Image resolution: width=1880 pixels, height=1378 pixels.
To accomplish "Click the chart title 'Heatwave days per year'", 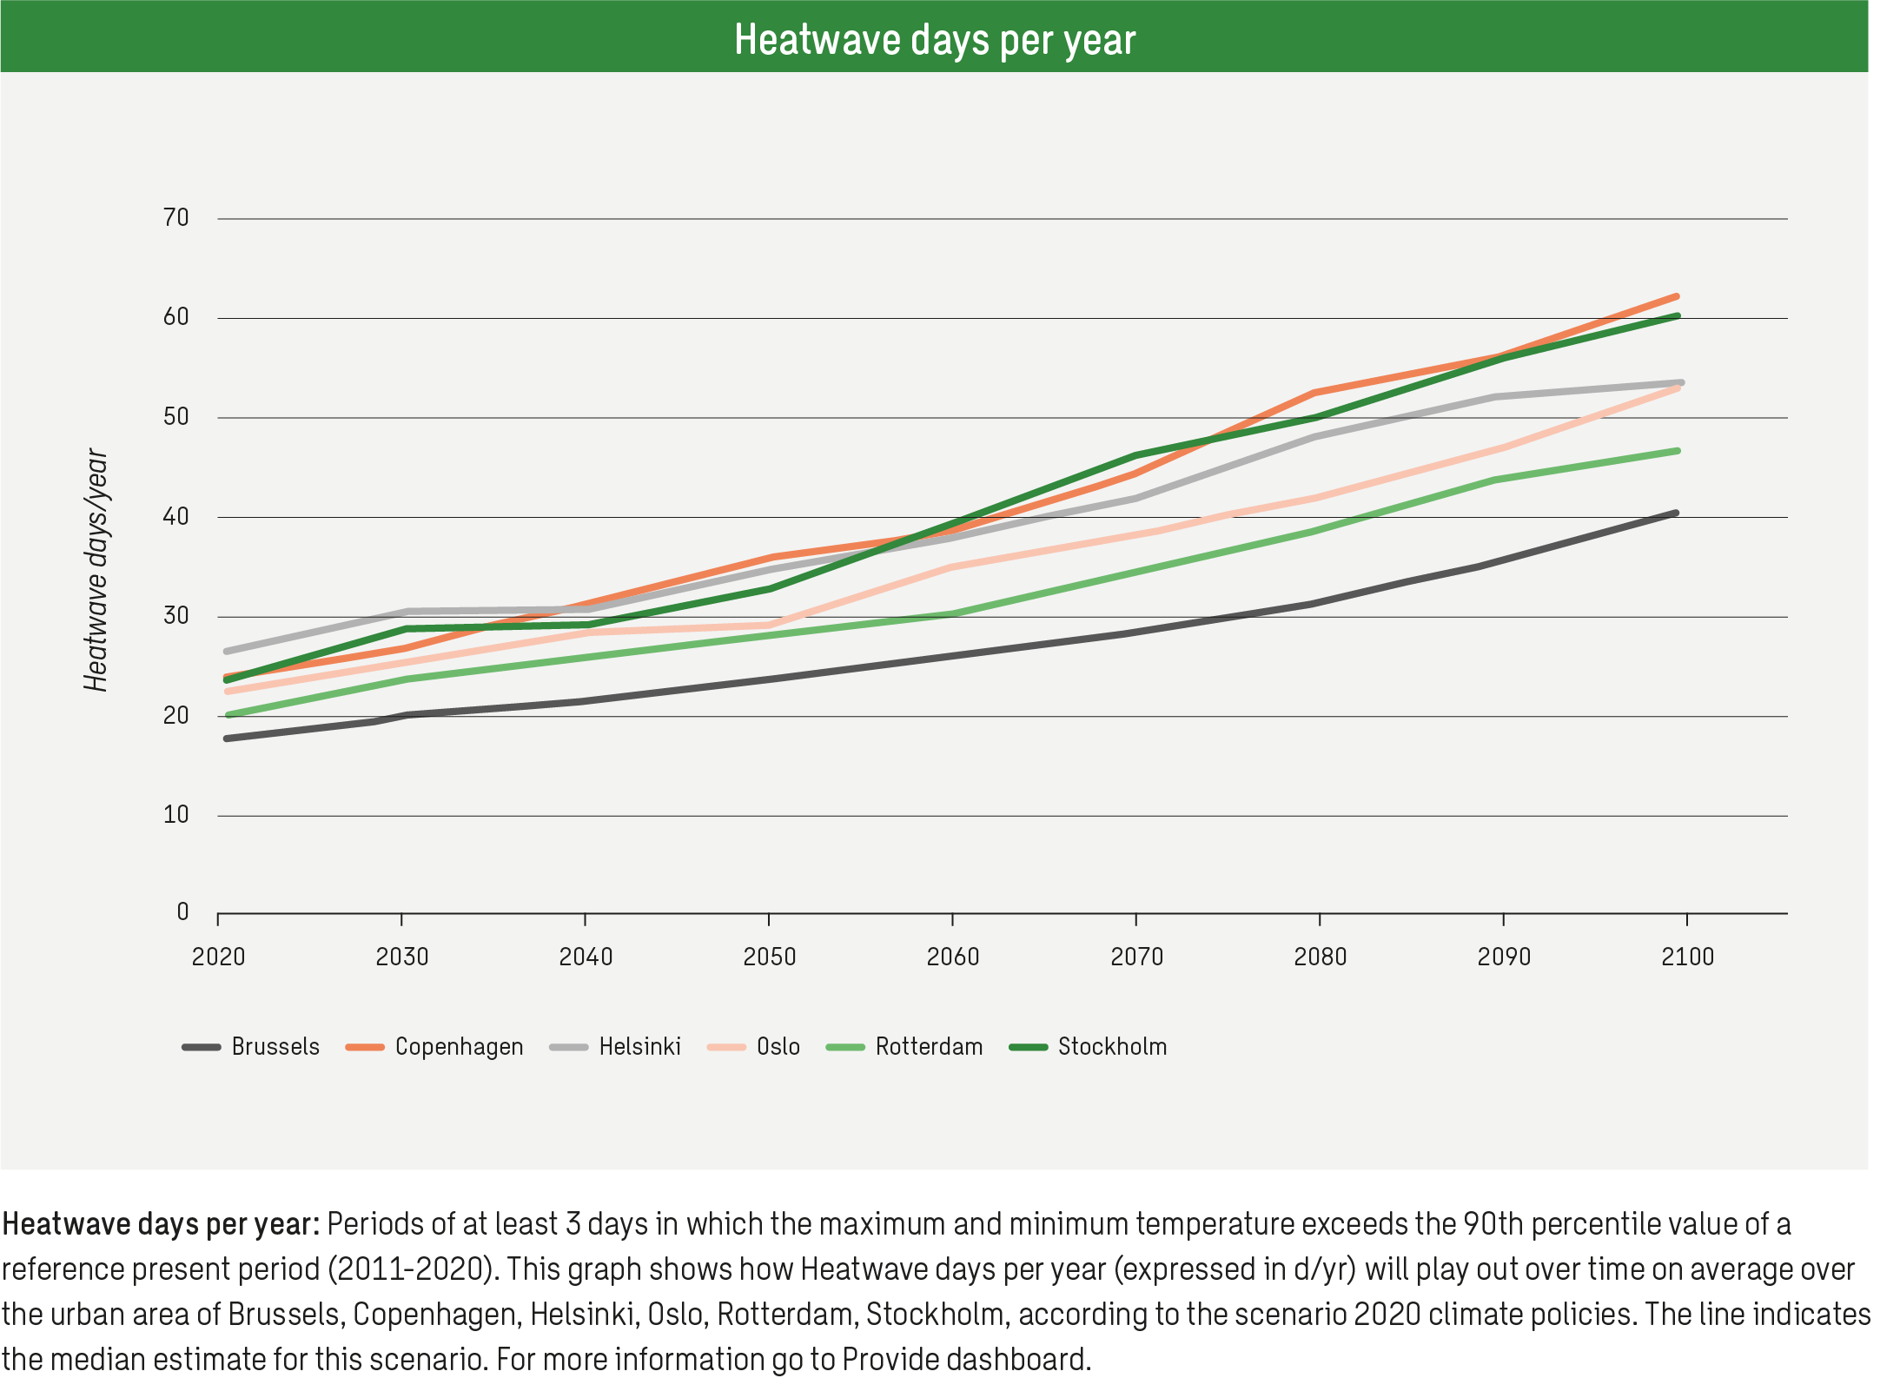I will point(935,40).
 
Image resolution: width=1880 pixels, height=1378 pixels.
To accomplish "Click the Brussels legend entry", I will point(275,1047).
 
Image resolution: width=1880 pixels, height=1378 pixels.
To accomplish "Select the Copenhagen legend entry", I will point(458,1047).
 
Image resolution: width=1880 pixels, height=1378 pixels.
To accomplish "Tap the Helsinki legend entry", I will point(639,1047).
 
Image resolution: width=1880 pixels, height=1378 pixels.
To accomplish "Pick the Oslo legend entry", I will point(778,1047).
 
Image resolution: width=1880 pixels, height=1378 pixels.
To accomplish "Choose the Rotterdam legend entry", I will point(928,1047).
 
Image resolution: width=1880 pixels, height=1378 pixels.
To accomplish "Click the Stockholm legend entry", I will point(1111,1047).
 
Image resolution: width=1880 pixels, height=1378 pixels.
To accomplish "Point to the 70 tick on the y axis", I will point(176,218).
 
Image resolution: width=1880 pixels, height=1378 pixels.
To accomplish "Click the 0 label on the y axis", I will point(182,912).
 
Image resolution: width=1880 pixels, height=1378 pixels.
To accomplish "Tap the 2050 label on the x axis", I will point(769,957).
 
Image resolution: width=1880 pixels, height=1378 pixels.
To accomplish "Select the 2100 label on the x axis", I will point(1687,957).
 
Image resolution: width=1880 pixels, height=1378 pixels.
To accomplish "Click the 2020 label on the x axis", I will point(218,957).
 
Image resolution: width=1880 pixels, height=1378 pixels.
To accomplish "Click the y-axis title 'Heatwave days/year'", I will point(96,570).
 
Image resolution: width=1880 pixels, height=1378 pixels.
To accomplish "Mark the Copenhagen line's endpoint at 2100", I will point(1676,297).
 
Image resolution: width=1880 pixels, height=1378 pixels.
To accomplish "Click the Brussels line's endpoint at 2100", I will point(1675,513).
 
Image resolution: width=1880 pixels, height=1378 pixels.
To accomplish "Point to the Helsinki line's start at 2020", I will point(227,651).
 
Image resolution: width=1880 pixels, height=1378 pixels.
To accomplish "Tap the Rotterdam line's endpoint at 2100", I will point(1677,451).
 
